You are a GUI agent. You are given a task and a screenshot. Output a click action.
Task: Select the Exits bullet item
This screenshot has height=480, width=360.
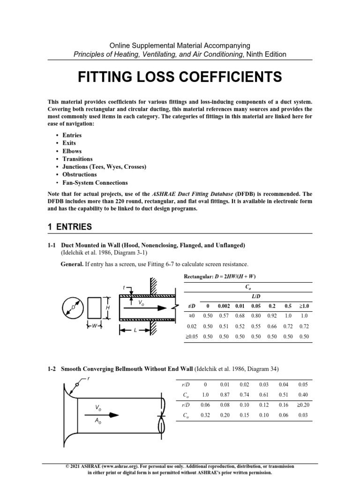tap(69, 143)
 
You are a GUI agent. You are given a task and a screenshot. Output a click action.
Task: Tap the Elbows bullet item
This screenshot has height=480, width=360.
tap(72, 151)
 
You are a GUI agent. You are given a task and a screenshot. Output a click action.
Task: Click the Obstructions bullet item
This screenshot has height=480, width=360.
tap(80, 175)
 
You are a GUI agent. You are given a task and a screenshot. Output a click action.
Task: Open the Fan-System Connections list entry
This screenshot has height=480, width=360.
tap(95, 183)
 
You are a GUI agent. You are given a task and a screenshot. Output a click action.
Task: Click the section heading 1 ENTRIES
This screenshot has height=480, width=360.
tap(70, 227)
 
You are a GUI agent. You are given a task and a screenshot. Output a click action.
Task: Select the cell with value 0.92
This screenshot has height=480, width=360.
tap(272, 316)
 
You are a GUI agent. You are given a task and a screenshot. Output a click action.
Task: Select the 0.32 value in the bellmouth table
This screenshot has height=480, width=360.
tap(205, 414)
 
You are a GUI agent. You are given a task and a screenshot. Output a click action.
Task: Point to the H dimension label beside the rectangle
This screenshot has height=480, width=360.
tap(108, 307)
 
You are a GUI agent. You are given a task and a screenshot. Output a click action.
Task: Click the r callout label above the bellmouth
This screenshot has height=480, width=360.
tap(89, 378)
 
